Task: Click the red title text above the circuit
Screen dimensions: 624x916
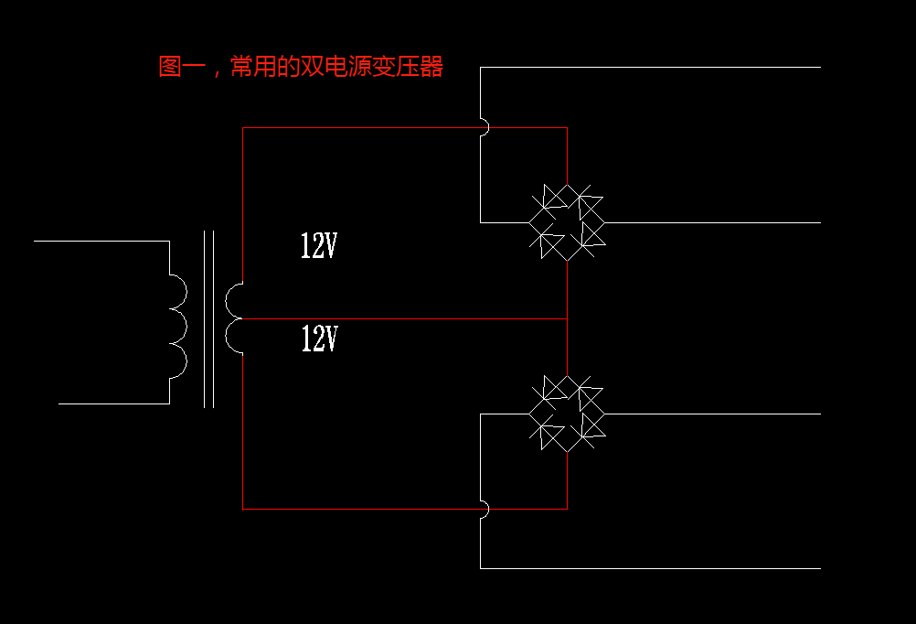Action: click(301, 67)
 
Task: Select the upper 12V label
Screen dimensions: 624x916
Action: click(319, 245)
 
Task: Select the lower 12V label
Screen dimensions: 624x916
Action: click(319, 339)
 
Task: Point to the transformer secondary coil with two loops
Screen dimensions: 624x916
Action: click(234, 317)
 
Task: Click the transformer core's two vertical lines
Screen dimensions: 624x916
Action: click(208, 318)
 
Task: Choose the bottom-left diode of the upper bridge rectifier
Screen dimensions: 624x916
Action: click(549, 243)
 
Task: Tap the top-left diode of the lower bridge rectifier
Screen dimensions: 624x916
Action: click(552, 388)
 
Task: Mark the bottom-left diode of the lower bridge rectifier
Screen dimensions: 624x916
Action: click(549, 434)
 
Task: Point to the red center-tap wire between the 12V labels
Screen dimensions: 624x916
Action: click(402, 318)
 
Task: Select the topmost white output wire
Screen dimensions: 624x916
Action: click(649, 67)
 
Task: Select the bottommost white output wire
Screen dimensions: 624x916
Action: click(649, 568)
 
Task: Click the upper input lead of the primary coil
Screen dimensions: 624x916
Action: click(101, 241)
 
